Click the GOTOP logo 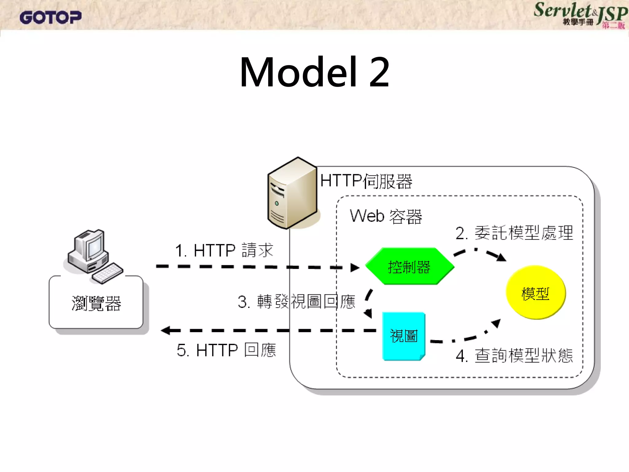(50, 18)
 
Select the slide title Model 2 (314, 73)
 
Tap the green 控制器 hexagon (409, 266)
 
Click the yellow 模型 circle (535, 293)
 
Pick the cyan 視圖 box (404, 336)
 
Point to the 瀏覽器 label (96, 304)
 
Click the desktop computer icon (89, 252)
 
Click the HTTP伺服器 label (366, 181)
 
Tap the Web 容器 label (386, 216)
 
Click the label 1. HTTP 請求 (224, 250)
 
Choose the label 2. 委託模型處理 (514, 233)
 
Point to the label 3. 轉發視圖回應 (296, 302)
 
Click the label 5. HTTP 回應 (226, 350)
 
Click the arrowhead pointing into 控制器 (355, 267)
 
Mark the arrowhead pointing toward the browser (166, 330)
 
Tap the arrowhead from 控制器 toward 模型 (501, 258)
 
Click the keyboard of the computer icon (107, 273)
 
